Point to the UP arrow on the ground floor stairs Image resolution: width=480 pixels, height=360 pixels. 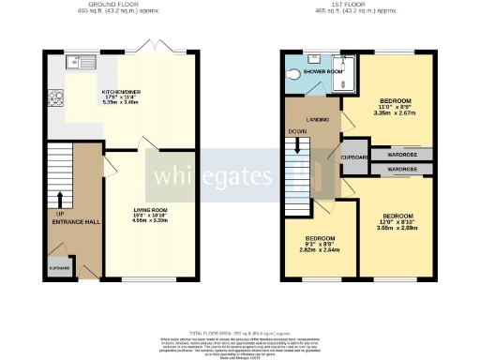[x=60, y=200]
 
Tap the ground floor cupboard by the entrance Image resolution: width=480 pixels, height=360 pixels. [x=58, y=267]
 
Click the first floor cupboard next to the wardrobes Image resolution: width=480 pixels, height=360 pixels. [x=354, y=160]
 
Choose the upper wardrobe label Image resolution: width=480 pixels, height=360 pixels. [x=402, y=153]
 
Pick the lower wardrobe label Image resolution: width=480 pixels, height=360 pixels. [x=402, y=170]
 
